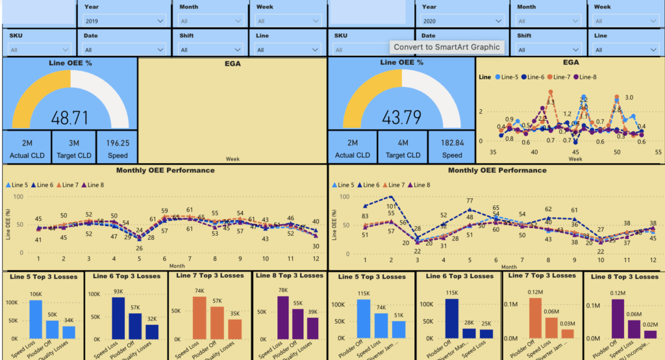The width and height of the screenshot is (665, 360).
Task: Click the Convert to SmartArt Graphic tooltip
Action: coord(447,47)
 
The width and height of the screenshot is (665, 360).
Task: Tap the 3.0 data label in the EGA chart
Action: coord(629,97)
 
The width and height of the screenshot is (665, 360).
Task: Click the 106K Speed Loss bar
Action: coord(35,319)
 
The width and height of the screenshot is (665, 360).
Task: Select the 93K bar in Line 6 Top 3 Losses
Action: coord(118,318)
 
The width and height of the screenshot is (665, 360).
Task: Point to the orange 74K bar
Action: coord(200,318)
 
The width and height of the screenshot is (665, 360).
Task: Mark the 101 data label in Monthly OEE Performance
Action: coord(391,207)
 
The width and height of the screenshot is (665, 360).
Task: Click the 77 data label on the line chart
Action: coord(470,201)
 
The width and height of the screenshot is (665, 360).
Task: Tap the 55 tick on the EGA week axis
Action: coord(659,151)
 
